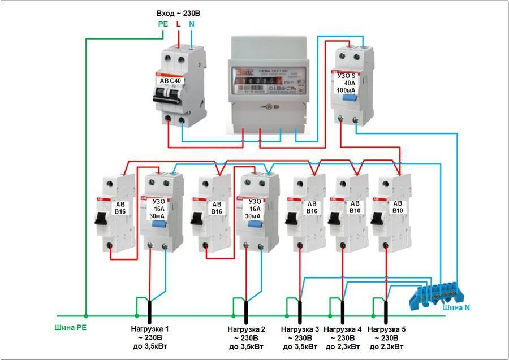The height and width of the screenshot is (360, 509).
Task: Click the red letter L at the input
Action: click(178, 24)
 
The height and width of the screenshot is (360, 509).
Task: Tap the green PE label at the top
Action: click(162, 24)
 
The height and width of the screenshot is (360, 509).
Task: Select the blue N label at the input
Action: click(192, 24)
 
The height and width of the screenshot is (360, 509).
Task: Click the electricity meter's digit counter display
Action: click(258, 82)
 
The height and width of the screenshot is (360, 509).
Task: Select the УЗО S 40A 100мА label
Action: click(347, 82)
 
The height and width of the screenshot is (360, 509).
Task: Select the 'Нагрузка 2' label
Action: click(246, 329)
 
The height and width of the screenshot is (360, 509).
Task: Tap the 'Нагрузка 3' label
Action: click(300, 329)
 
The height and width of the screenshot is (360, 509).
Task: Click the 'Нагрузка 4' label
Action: click(343, 329)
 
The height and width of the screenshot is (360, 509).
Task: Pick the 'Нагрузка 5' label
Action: click(386, 329)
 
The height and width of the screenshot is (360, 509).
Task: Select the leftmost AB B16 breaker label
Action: click(120, 207)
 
